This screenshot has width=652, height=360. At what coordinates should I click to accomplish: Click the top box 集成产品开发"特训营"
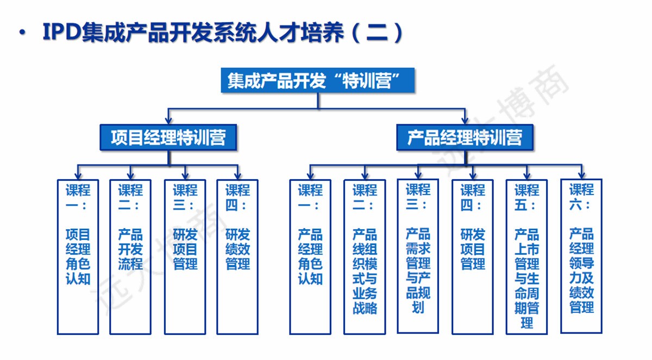[x=317, y=80]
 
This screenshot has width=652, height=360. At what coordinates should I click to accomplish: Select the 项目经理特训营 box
[x=168, y=137]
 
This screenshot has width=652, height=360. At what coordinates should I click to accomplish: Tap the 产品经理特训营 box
[x=465, y=137]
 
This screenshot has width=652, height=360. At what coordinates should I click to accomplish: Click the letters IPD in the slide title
[x=61, y=31]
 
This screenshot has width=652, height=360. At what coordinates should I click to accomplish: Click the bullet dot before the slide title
[x=22, y=32]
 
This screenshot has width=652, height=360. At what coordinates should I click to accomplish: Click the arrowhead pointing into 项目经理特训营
[x=168, y=120]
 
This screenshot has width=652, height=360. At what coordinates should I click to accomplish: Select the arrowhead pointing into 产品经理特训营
[x=465, y=120]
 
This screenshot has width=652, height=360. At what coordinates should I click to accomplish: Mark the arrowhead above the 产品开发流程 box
[x=130, y=175]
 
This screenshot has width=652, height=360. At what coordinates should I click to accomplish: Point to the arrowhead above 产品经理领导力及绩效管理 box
[x=581, y=175]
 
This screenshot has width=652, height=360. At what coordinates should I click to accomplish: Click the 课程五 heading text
[x=526, y=198]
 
